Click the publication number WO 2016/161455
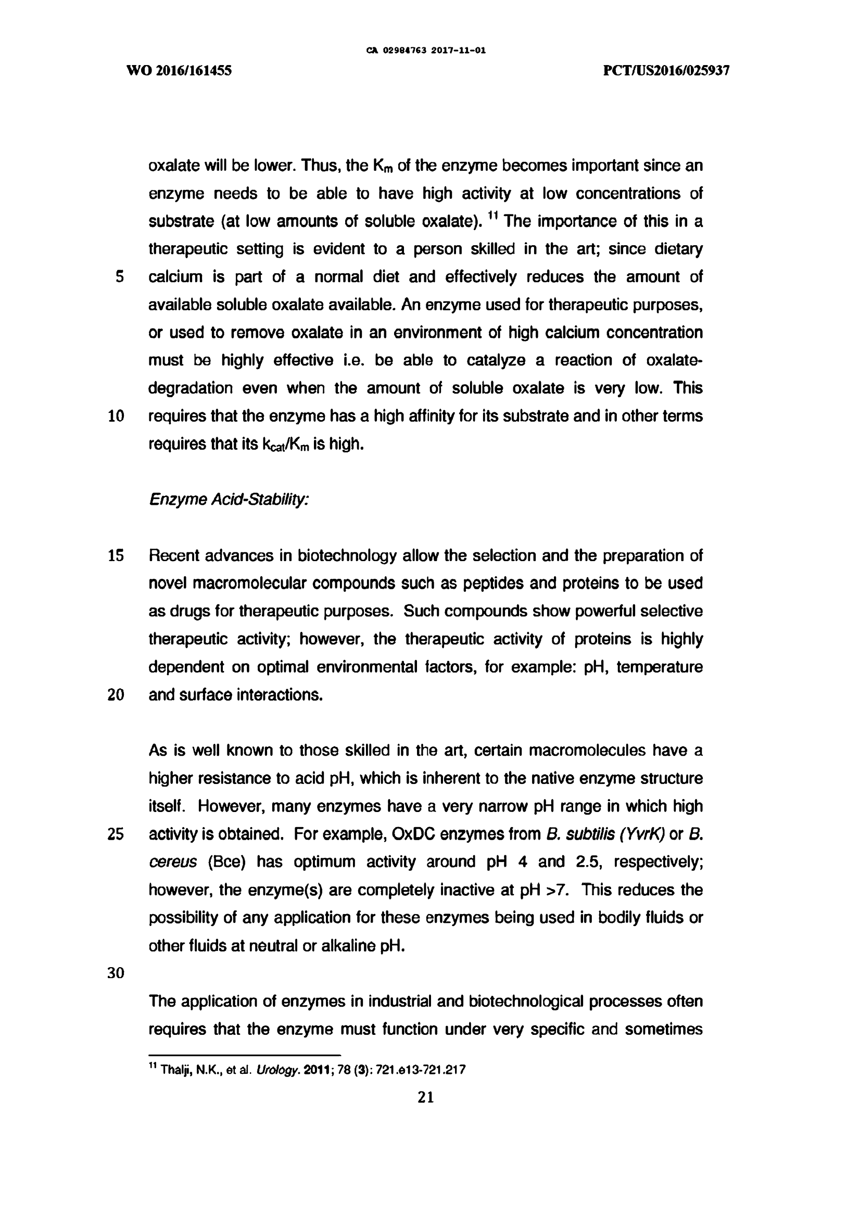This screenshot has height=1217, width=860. [179, 70]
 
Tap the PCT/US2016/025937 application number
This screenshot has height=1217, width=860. [666, 70]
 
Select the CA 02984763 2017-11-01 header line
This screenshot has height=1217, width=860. [426, 51]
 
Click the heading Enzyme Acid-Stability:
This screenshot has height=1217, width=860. [229, 500]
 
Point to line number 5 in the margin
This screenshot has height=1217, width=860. [119, 277]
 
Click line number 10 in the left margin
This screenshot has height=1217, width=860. [116, 416]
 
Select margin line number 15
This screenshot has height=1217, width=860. [116, 556]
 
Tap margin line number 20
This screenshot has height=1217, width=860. [116, 695]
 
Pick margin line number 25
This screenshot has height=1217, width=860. [116, 834]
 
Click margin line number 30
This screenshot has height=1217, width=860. [116, 973]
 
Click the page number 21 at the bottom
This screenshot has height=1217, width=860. [426, 1098]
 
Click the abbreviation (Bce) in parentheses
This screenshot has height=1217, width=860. [226, 863]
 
